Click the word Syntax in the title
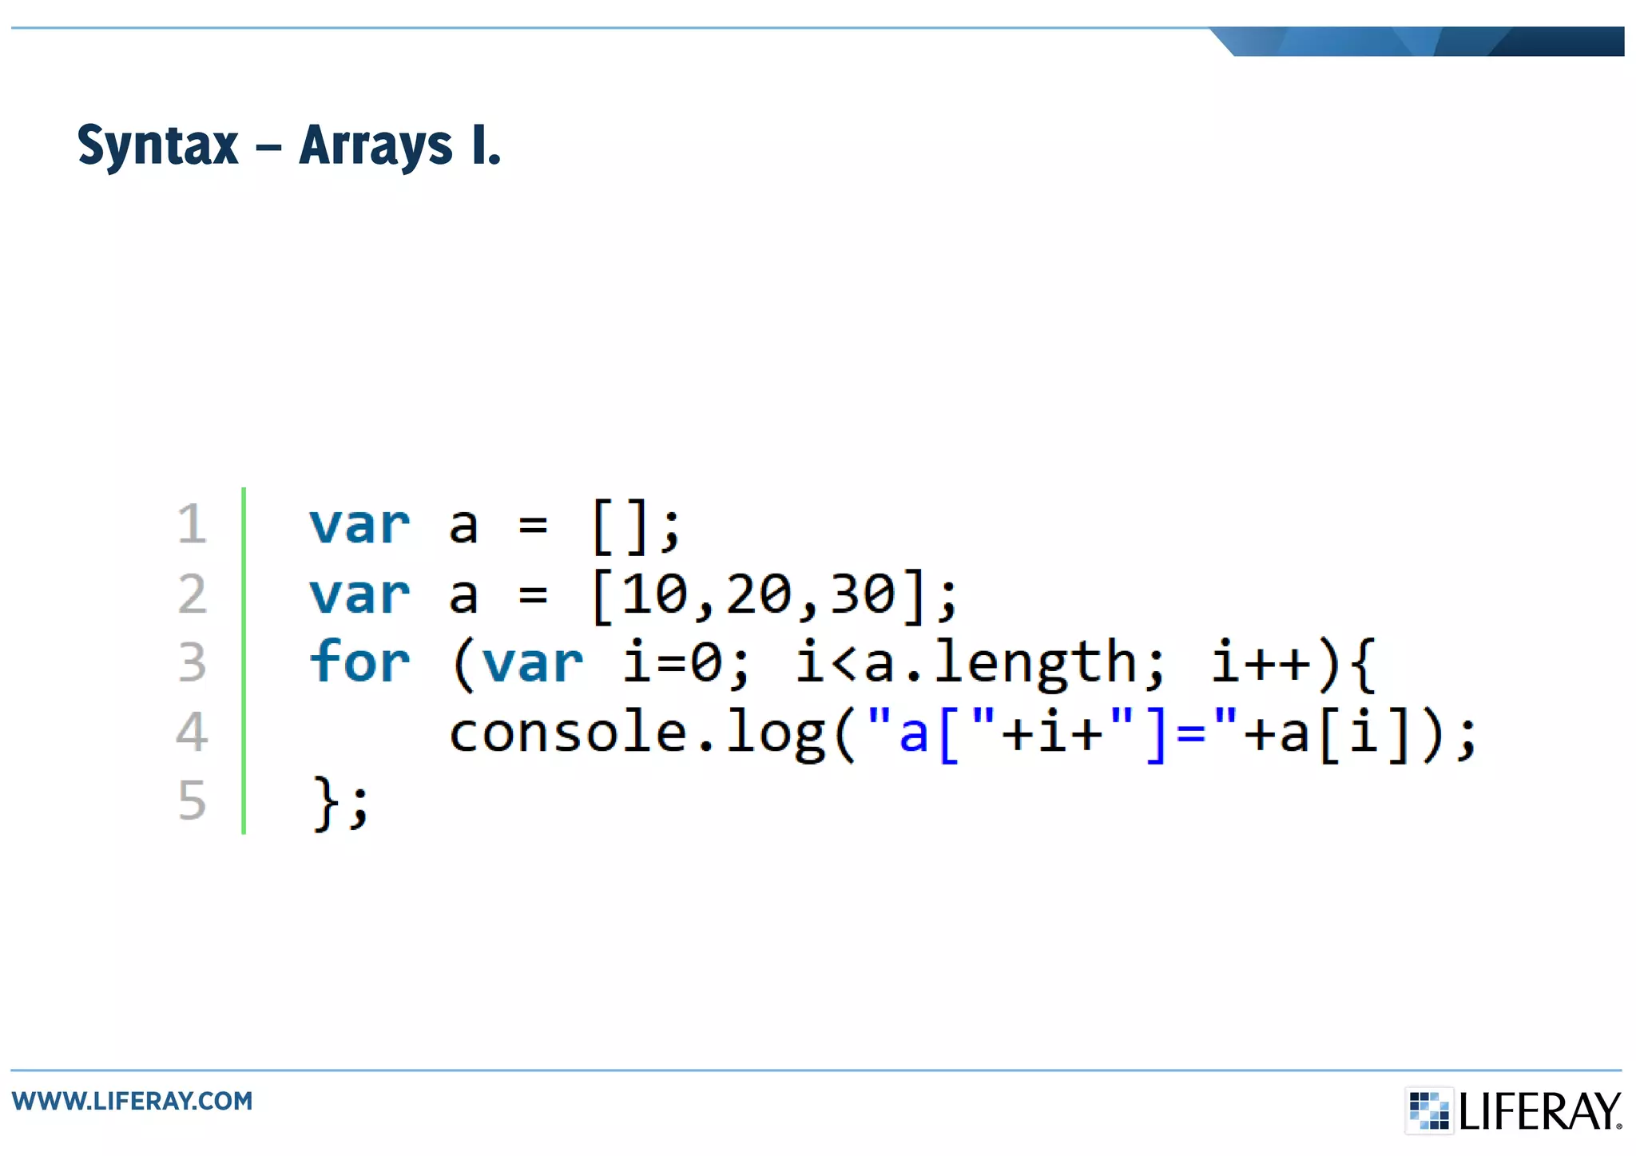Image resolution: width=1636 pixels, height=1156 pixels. tap(157, 146)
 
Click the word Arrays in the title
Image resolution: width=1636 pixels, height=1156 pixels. tap(375, 146)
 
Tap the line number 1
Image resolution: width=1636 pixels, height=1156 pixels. tap(192, 524)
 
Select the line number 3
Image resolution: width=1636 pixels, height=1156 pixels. tap(192, 662)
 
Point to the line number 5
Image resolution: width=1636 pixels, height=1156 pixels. tap(192, 800)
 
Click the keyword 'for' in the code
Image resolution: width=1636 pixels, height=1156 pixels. tap(359, 661)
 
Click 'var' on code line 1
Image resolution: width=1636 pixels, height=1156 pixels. tap(359, 525)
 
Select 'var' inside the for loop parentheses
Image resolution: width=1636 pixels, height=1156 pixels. tap(532, 663)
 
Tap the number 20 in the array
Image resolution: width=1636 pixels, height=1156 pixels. tap(759, 594)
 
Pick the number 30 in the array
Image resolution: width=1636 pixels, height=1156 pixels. tap(863, 594)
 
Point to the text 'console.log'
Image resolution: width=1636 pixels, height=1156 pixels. tap(636, 733)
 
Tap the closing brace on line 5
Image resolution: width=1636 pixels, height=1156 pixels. tap(324, 801)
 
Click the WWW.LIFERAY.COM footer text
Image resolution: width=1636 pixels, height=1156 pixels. tap(132, 1101)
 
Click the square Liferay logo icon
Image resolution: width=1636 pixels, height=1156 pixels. tap(1428, 1110)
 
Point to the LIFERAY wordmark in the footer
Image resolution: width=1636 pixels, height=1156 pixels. tap(1540, 1111)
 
